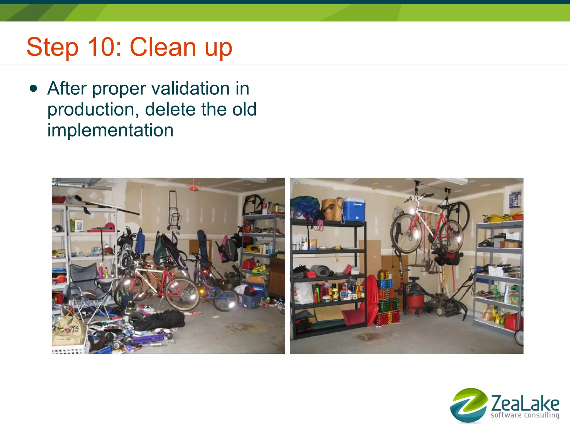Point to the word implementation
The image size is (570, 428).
[110, 130]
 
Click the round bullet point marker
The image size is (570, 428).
[33, 89]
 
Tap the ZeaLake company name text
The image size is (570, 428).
[525, 403]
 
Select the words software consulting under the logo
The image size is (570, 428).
[525, 415]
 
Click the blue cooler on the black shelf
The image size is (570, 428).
[354, 209]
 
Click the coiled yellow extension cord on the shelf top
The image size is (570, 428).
[498, 219]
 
